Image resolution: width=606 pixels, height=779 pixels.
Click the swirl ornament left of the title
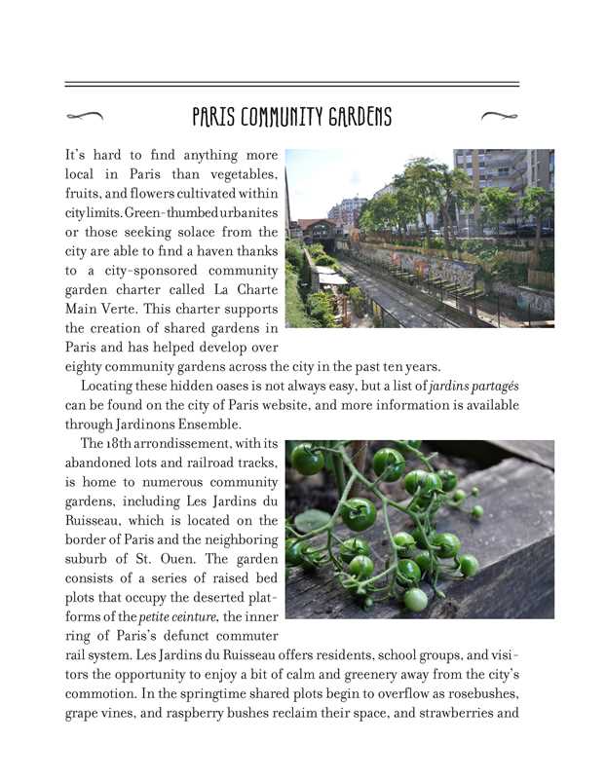[x=85, y=117]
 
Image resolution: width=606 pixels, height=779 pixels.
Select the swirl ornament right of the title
[x=500, y=117]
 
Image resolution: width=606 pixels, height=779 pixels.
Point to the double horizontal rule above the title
[x=291, y=85]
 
